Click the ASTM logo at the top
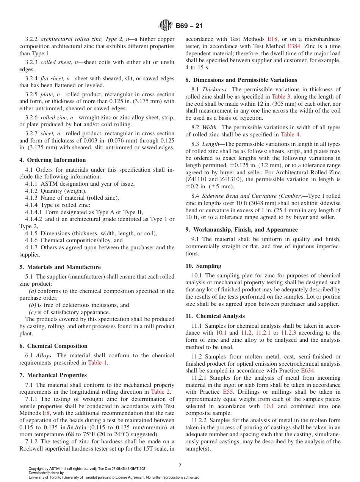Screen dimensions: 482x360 tap(166, 26)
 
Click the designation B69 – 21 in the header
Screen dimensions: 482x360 tap(189, 26)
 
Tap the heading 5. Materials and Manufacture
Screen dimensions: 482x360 tap(60, 267)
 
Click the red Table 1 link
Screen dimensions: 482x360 tap(97, 363)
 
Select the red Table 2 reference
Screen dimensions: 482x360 tap(161, 392)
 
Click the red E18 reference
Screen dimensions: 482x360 tap(272, 39)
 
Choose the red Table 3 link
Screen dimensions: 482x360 tap(280, 97)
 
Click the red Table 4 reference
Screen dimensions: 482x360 tap(291, 135)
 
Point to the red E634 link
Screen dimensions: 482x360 tap(307, 371)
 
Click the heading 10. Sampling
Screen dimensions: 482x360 tap(203, 266)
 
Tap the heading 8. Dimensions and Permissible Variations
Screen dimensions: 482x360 tap(241, 80)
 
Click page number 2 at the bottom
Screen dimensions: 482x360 tap(180, 466)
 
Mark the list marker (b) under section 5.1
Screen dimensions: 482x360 tap(33, 305)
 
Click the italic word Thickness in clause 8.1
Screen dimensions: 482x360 tap(214, 89)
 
